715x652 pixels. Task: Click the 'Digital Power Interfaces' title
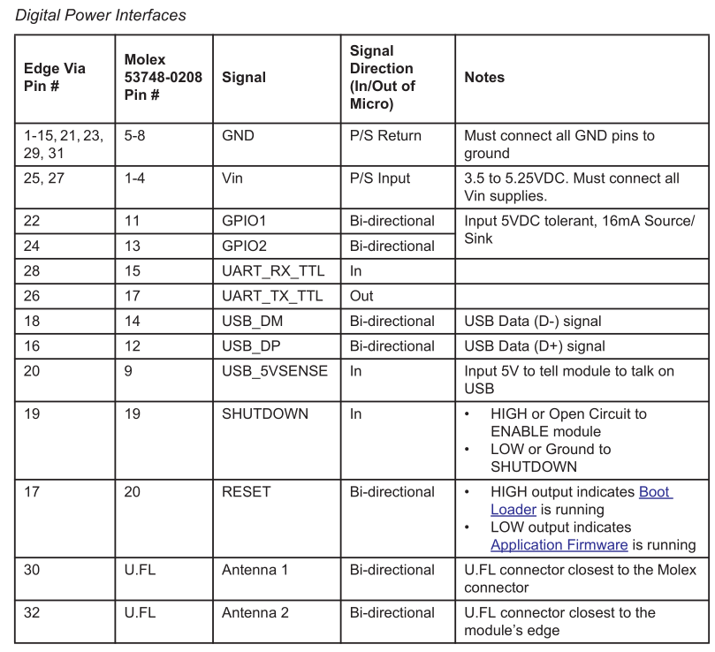tap(101, 15)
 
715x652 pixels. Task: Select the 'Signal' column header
tap(244, 78)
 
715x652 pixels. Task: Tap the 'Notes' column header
tap(484, 78)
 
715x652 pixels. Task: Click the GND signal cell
tap(238, 136)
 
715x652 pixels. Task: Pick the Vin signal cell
tap(232, 178)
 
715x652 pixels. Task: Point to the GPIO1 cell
tap(244, 221)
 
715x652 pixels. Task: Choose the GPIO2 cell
tap(244, 246)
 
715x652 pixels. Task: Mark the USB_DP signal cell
tap(252, 346)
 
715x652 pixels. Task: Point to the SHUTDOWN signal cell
tap(265, 413)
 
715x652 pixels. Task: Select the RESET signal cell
tap(247, 492)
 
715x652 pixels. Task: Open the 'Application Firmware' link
tap(559, 545)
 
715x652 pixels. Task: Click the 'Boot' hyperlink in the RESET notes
tap(655, 492)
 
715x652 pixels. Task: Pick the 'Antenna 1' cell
tap(255, 570)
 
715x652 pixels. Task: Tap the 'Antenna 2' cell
tap(255, 612)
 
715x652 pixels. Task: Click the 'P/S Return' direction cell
tap(385, 136)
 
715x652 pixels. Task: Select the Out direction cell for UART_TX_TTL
tap(361, 296)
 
